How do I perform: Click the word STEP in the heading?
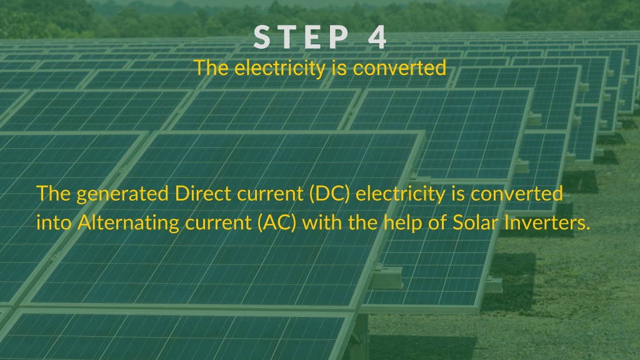[301, 37]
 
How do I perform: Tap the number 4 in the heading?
[377, 37]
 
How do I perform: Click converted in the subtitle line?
[399, 68]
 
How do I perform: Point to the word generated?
[122, 194]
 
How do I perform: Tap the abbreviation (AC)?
[277, 223]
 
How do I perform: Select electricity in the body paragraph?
[401, 194]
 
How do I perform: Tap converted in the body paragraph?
[517, 193]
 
